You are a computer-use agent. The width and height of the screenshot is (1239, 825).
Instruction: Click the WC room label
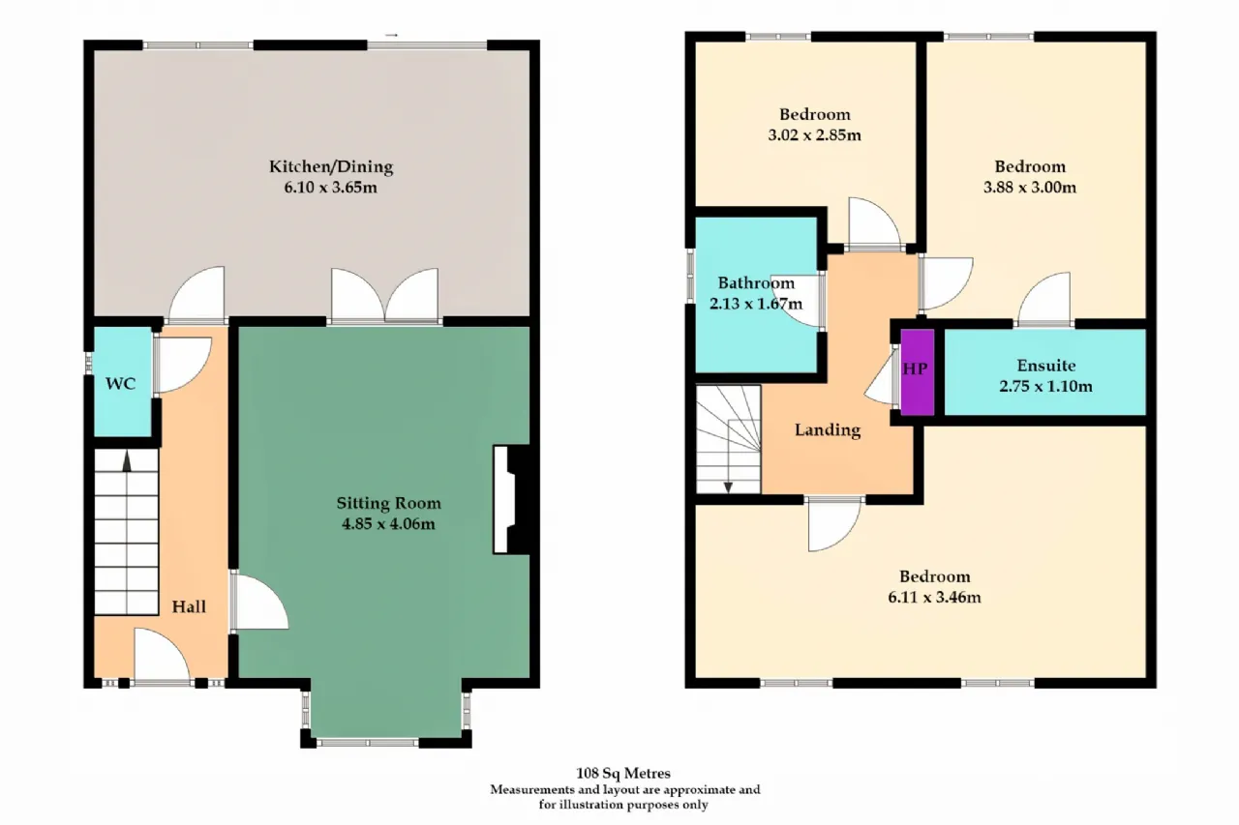tap(120, 384)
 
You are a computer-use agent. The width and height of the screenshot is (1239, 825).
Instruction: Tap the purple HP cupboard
tap(917, 372)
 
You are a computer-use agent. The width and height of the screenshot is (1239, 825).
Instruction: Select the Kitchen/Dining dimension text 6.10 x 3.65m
tap(331, 188)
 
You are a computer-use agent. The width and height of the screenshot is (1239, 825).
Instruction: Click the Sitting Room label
tap(389, 503)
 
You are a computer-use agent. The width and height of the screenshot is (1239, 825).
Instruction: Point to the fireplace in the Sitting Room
tap(512, 500)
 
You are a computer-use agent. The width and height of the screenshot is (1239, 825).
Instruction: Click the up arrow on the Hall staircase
tap(127, 461)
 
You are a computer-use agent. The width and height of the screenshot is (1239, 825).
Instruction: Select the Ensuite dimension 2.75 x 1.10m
tap(1045, 386)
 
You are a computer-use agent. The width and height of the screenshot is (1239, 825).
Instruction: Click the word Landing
tap(828, 429)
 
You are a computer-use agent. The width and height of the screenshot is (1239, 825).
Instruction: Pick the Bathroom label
tap(756, 283)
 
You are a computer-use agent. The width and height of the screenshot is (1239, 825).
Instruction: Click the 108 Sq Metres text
tap(623, 773)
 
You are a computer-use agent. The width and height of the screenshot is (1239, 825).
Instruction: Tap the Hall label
tap(189, 606)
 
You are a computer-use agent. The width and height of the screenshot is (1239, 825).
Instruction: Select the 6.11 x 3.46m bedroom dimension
tap(935, 598)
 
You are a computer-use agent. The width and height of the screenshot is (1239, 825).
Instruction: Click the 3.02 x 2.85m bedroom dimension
tap(814, 135)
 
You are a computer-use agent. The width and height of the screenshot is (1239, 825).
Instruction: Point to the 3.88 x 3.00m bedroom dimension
tap(1030, 188)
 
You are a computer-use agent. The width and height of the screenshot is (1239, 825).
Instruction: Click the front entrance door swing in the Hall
tap(162, 654)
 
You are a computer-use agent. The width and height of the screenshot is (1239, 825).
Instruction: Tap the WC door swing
tap(184, 365)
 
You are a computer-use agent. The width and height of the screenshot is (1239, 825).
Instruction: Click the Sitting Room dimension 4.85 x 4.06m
tap(389, 524)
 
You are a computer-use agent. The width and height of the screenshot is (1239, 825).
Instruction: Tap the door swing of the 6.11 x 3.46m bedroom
tap(834, 524)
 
